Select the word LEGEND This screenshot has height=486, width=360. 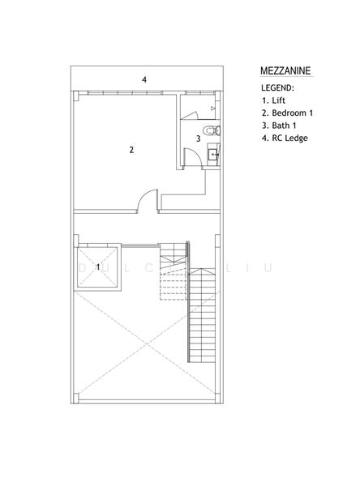tap(277, 87)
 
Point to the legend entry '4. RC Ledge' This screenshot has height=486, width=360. tap(285, 138)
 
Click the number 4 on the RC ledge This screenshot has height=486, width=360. tap(144, 79)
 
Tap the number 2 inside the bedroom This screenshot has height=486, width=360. tap(131, 149)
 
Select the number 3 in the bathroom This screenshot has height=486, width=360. tap(198, 139)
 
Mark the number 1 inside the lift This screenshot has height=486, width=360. tap(98, 266)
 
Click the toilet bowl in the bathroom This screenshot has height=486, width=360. tap(210, 130)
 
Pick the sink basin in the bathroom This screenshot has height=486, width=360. tap(213, 153)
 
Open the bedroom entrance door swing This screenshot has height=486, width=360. tap(146, 200)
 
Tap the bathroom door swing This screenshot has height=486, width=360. tap(189, 160)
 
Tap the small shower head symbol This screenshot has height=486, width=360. tap(213, 106)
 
